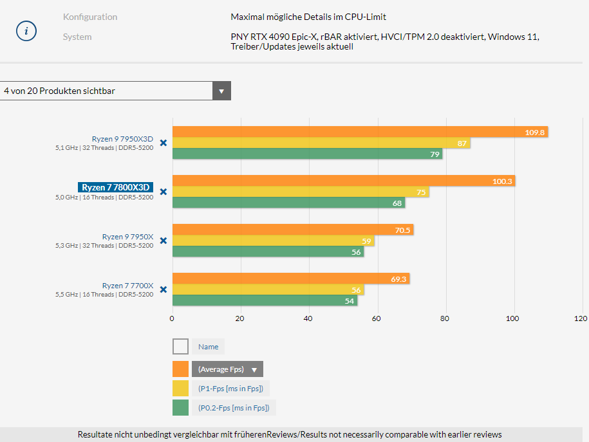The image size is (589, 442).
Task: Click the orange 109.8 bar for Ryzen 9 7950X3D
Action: pyautogui.click(x=360, y=132)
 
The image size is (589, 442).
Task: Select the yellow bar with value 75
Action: pyautogui.click(x=300, y=192)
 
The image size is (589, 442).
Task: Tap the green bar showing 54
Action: pyautogui.click(x=265, y=300)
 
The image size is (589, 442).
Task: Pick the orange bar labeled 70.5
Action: pyautogui.click(x=293, y=230)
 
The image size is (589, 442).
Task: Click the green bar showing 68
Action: pyautogui.click(x=288, y=203)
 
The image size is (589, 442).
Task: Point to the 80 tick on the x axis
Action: pyautogui.click(x=445, y=318)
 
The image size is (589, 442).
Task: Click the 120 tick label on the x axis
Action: pyautogui.click(x=581, y=318)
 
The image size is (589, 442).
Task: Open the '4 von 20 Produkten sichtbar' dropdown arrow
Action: pyautogui.click(x=221, y=91)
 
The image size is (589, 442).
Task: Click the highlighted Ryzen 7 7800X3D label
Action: pyautogui.click(x=115, y=187)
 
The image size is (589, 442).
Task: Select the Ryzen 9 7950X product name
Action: pyautogui.click(x=127, y=237)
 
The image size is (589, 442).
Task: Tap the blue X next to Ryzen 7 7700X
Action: pyautogui.click(x=164, y=290)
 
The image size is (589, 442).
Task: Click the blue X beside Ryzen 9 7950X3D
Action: pyautogui.click(x=164, y=143)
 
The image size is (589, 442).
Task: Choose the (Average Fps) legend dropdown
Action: pyautogui.click(x=227, y=369)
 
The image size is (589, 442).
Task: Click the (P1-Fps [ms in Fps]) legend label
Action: pyautogui.click(x=231, y=388)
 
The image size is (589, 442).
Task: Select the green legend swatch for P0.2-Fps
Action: pyautogui.click(x=180, y=407)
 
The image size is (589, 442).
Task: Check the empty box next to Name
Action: pyautogui.click(x=180, y=347)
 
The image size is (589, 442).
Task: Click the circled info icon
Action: pyautogui.click(x=26, y=31)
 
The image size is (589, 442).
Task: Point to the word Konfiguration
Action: pyautogui.click(x=89, y=17)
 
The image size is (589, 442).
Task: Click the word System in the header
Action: pyautogui.click(x=77, y=37)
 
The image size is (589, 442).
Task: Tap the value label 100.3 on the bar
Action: pyautogui.click(x=502, y=181)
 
